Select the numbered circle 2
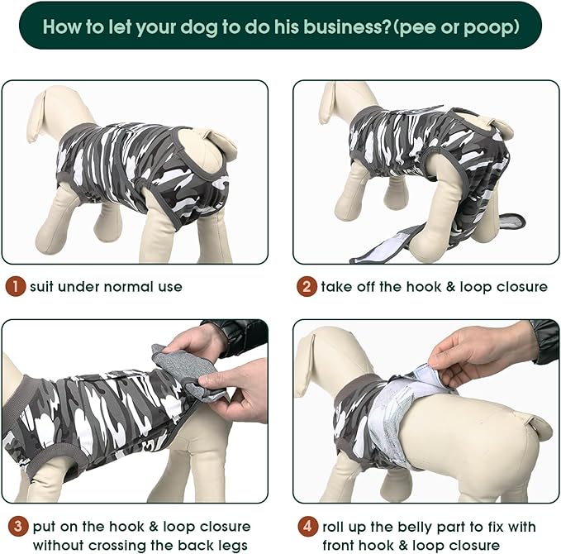[307, 287]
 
